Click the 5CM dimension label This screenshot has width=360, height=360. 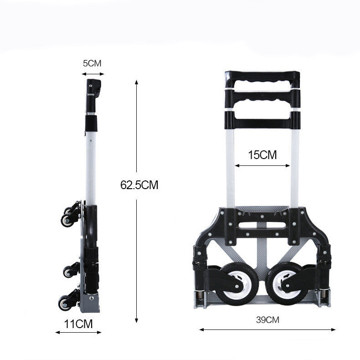click(x=92, y=63)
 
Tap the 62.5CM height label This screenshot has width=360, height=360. click(x=139, y=185)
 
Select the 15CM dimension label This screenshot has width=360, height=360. click(x=262, y=155)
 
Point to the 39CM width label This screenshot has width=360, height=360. click(x=267, y=320)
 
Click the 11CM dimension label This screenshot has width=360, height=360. click(x=78, y=324)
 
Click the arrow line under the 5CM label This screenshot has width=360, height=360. click(x=93, y=74)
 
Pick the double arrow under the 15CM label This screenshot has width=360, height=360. click(x=262, y=165)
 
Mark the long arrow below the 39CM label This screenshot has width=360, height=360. click(x=267, y=329)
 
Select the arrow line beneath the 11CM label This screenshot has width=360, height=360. click(x=78, y=332)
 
